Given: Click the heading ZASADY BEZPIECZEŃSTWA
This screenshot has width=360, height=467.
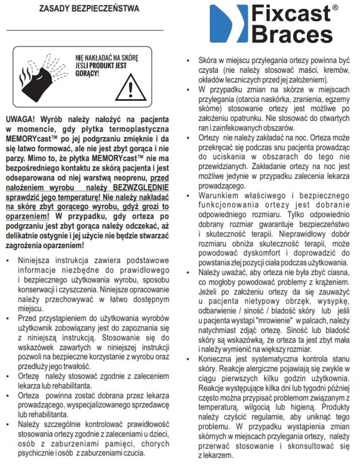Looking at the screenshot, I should point(88,9).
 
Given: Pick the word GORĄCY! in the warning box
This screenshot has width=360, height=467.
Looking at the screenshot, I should point(87,73).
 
